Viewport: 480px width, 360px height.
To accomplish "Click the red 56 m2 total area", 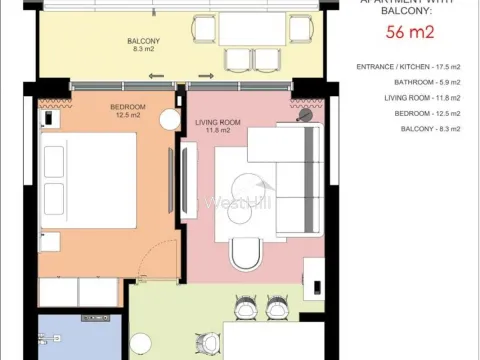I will pyautogui.click(x=408, y=33).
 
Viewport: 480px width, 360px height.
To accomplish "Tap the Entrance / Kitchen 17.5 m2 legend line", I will pyautogui.click(x=411, y=67).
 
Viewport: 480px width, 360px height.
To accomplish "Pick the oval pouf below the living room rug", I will pyautogui.click(x=244, y=256).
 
